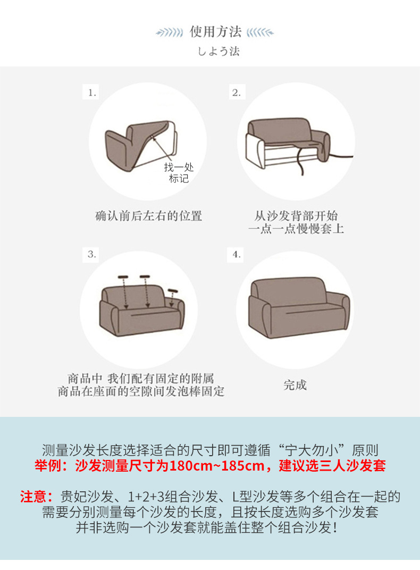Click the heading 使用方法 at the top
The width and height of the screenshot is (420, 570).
click(215, 31)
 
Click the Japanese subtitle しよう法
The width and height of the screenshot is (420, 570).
click(219, 52)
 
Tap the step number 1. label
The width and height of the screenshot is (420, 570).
click(93, 93)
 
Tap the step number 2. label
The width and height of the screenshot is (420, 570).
click(236, 93)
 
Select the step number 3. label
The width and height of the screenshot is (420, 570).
click(92, 254)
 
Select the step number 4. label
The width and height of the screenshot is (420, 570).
click(236, 254)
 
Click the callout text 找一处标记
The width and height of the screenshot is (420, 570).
click(179, 173)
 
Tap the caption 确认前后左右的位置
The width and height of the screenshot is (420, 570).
click(148, 216)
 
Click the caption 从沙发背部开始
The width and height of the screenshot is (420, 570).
click(296, 216)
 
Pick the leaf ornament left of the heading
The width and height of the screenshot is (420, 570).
click(170, 32)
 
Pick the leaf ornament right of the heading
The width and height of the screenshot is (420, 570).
click(261, 32)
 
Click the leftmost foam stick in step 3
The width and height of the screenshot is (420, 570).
click(123, 277)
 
